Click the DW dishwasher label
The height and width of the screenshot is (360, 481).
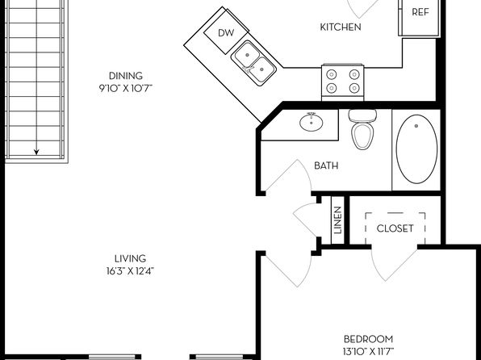pos(226,33)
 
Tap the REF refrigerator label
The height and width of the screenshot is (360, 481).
pos(420,12)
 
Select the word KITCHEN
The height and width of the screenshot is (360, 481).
pos(341,27)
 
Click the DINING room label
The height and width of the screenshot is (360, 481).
pos(126,76)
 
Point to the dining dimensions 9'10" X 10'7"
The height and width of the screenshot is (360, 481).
pos(125,89)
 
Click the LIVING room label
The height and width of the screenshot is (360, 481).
pos(130,258)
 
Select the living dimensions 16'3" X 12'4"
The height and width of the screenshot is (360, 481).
pos(130,271)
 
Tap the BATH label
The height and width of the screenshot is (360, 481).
pos(326,165)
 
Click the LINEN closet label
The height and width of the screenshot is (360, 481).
pos(337,220)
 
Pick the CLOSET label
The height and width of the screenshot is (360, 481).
pos(395,228)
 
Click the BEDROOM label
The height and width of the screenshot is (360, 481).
pos(369,339)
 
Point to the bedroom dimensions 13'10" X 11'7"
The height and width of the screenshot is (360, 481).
pos(369,351)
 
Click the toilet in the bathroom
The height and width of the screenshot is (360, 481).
pos(362,129)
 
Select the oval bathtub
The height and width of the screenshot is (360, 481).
pos(416,149)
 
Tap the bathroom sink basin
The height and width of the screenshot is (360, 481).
pos(312,122)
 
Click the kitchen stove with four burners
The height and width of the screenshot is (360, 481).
pos(343,82)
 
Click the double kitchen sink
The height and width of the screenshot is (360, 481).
pos(253,63)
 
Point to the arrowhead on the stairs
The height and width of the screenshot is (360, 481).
pos(36,152)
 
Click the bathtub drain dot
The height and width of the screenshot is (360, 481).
pos(416,126)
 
